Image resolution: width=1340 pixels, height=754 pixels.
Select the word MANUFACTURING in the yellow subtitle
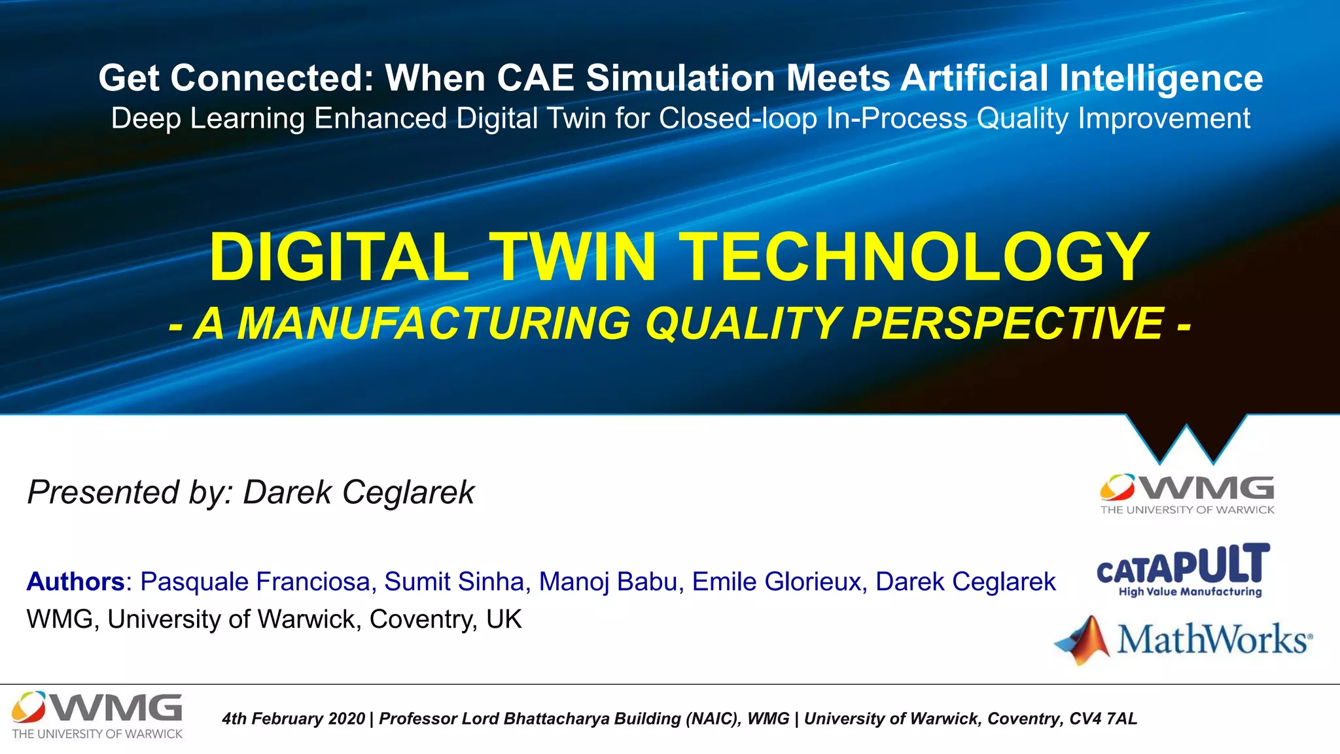click(433, 323)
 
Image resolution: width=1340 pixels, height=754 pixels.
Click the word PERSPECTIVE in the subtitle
click(1007, 323)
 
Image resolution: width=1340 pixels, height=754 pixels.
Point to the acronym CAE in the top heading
click(535, 78)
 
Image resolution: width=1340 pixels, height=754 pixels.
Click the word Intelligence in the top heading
click(1161, 78)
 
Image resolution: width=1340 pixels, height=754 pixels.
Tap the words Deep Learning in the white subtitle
click(207, 118)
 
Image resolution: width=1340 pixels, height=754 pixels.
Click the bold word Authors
click(75, 581)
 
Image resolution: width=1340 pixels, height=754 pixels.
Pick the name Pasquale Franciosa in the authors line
click(255, 581)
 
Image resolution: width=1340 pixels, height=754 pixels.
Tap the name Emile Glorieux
click(776, 581)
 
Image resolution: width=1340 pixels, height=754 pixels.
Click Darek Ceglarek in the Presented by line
click(359, 492)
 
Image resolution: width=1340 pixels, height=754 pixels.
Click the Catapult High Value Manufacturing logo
click(1183, 570)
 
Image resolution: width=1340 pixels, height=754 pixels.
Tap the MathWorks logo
click(1183, 639)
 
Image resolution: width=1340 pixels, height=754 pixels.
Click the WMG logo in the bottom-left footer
click(97, 715)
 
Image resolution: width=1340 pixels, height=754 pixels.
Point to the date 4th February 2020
click(293, 719)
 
